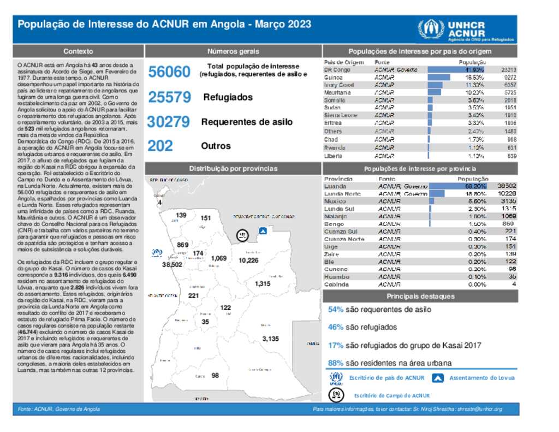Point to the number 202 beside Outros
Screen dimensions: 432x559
[x=160, y=146]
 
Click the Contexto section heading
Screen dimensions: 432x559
[x=78, y=51]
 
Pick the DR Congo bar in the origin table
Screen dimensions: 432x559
[x=456, y=70]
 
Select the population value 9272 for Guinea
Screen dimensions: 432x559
[x=508, y=78]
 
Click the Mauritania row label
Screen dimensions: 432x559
[x=338, y=93]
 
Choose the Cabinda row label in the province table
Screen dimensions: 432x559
[x=337, y=285]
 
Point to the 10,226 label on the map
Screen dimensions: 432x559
[x=248, y=261]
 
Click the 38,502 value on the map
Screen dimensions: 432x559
[x=172, y=264]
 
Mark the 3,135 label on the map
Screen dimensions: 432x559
[x=270, y=339]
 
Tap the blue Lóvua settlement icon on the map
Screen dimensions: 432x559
[x=263, y=231]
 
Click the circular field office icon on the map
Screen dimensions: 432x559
[x=241, y=235]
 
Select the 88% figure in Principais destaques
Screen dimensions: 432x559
[x=335, y=363]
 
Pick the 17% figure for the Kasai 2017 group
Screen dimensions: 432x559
[x=335, y=345]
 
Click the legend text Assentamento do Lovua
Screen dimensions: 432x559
[x=481, y=377]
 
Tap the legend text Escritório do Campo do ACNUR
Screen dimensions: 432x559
[x=391, y=395]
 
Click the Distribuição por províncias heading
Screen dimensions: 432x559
[x=233, y=169]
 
